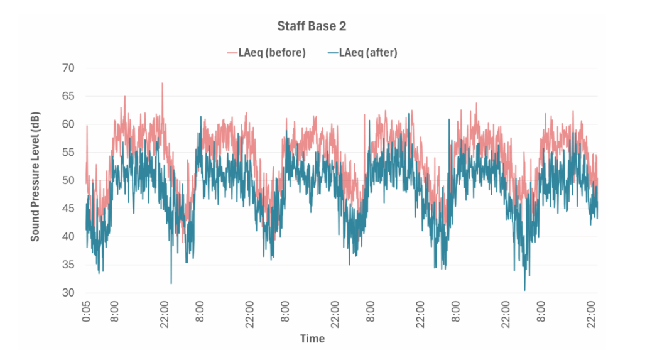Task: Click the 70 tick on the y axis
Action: pyautogui.click(x=68, y=68)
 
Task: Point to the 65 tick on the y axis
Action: pyautogui.click(x=68, y=96)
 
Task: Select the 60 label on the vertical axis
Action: pyautogui.click(x=68, y=124)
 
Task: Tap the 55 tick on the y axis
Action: pyautogui.click(x=68, y=153)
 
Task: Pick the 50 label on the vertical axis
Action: pyautogui.click(x=68, y=180)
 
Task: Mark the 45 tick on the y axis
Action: pyautogui.click(x=68, y=209)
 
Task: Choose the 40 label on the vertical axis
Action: pyautogui.click(x=68, y=237)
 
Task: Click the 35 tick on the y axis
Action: pyautogui.click(x=68, y=265)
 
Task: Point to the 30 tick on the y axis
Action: pyautogui.click(x=68, y=293)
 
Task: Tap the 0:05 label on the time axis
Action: pyautogui.click(x=87, y=311)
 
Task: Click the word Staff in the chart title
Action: pyautogui.click(x=290, y=26)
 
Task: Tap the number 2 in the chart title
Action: pyautogui.click(x=343, y=26)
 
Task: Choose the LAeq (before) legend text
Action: pyautogui.click(x=271, y=53)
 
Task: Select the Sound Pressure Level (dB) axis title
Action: pyautogui.click(x=36, y=180)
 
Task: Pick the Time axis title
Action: pyautogui.click(x=312, y=339)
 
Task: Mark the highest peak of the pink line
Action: pyautogui.click(x=162, y=83)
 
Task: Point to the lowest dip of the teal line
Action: pyautogui.click(x=524, y=290)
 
